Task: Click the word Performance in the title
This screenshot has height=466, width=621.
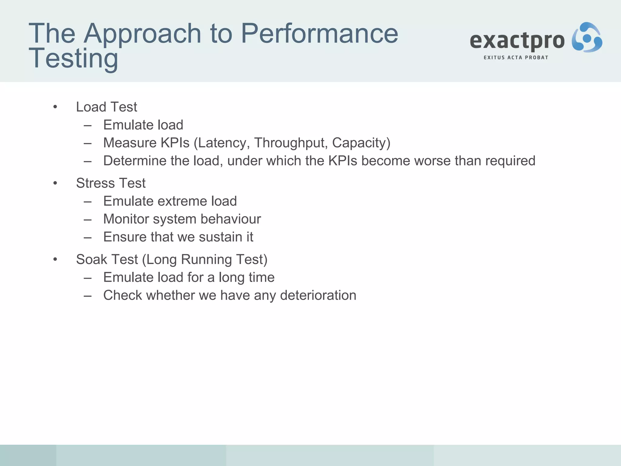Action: (319, 34)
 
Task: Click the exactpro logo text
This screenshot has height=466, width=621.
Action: (517, 41)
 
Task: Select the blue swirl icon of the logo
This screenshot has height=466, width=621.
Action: (587, 38)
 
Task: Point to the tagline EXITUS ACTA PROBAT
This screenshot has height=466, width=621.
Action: (516, 58)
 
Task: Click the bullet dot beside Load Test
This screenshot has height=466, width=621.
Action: (55, 107)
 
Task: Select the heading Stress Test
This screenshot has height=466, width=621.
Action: (111, 183)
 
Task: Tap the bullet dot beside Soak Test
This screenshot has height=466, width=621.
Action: (55, 259)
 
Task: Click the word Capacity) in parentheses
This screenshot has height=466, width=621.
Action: (361, 143)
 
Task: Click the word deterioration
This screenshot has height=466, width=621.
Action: (318, 295)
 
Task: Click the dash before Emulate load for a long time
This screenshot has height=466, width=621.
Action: (88, 278)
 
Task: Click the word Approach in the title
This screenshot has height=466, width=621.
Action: (142, 34)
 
